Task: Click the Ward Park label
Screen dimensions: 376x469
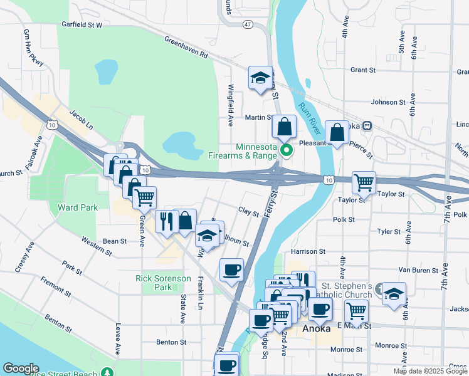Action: [77, 207]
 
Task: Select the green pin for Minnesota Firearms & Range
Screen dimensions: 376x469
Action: [287, 150]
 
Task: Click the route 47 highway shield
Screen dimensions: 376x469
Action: [248, 24]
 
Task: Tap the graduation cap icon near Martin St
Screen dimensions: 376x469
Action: [260, 78]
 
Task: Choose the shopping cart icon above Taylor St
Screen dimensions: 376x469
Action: [364, 183]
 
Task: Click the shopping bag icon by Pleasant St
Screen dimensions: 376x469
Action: [337, 132]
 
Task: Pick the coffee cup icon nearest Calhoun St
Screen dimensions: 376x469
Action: [231, 270]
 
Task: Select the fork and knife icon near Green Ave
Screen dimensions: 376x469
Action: [166, 221]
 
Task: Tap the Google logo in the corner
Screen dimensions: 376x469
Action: [21, 368]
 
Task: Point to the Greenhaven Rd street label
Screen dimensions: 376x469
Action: [186, 47]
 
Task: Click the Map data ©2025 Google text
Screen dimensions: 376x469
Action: [429, 371]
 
